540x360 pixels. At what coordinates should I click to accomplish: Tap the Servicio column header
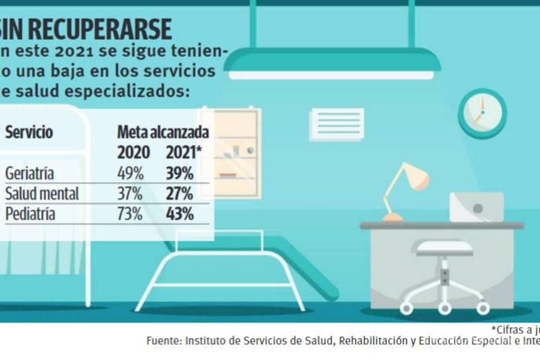(29, 133)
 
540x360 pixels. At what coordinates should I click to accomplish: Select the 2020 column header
(133, 153)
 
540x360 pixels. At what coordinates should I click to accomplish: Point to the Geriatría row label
(29, 174)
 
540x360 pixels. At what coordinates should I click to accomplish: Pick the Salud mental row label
(42, 194)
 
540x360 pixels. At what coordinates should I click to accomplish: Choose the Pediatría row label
(30, 214)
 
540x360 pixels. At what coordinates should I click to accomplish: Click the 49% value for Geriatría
(130, 174)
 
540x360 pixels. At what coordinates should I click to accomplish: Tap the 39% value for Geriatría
(180, 174)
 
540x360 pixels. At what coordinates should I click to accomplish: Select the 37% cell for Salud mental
(130, 194)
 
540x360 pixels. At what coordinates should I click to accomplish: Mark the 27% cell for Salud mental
(180, 194)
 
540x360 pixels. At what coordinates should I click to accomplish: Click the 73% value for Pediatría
(130, 214)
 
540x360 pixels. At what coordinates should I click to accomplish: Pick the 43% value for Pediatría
(180, 214)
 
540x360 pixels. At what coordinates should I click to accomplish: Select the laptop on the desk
(477, 207)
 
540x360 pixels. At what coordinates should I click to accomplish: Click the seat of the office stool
(444, 248)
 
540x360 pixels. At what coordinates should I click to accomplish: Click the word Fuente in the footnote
(162, 342)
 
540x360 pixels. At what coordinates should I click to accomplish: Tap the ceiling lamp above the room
(333, 63)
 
